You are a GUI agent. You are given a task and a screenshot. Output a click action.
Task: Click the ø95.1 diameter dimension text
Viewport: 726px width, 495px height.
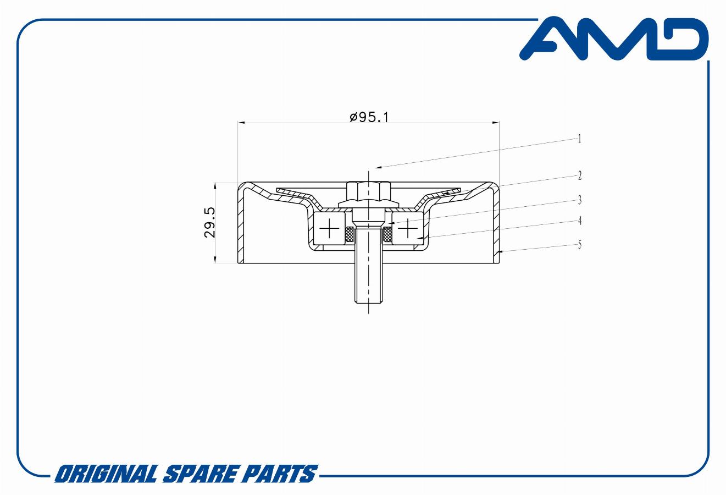(369, 117)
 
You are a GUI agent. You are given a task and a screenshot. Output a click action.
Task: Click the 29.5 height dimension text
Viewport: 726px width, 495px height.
(210, 223)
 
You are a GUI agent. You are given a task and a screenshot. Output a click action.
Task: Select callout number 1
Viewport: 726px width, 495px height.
(579, 139)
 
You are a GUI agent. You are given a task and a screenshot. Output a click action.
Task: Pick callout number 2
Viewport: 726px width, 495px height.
(579, 175)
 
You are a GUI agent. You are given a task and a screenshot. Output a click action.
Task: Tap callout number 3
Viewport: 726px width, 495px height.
(579, 200)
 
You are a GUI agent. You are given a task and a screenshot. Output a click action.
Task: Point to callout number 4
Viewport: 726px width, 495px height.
(579, 221)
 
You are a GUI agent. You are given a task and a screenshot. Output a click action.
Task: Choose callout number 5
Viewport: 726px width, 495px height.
(579, 244)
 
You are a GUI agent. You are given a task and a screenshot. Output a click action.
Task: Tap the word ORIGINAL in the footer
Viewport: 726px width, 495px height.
(107, 474)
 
